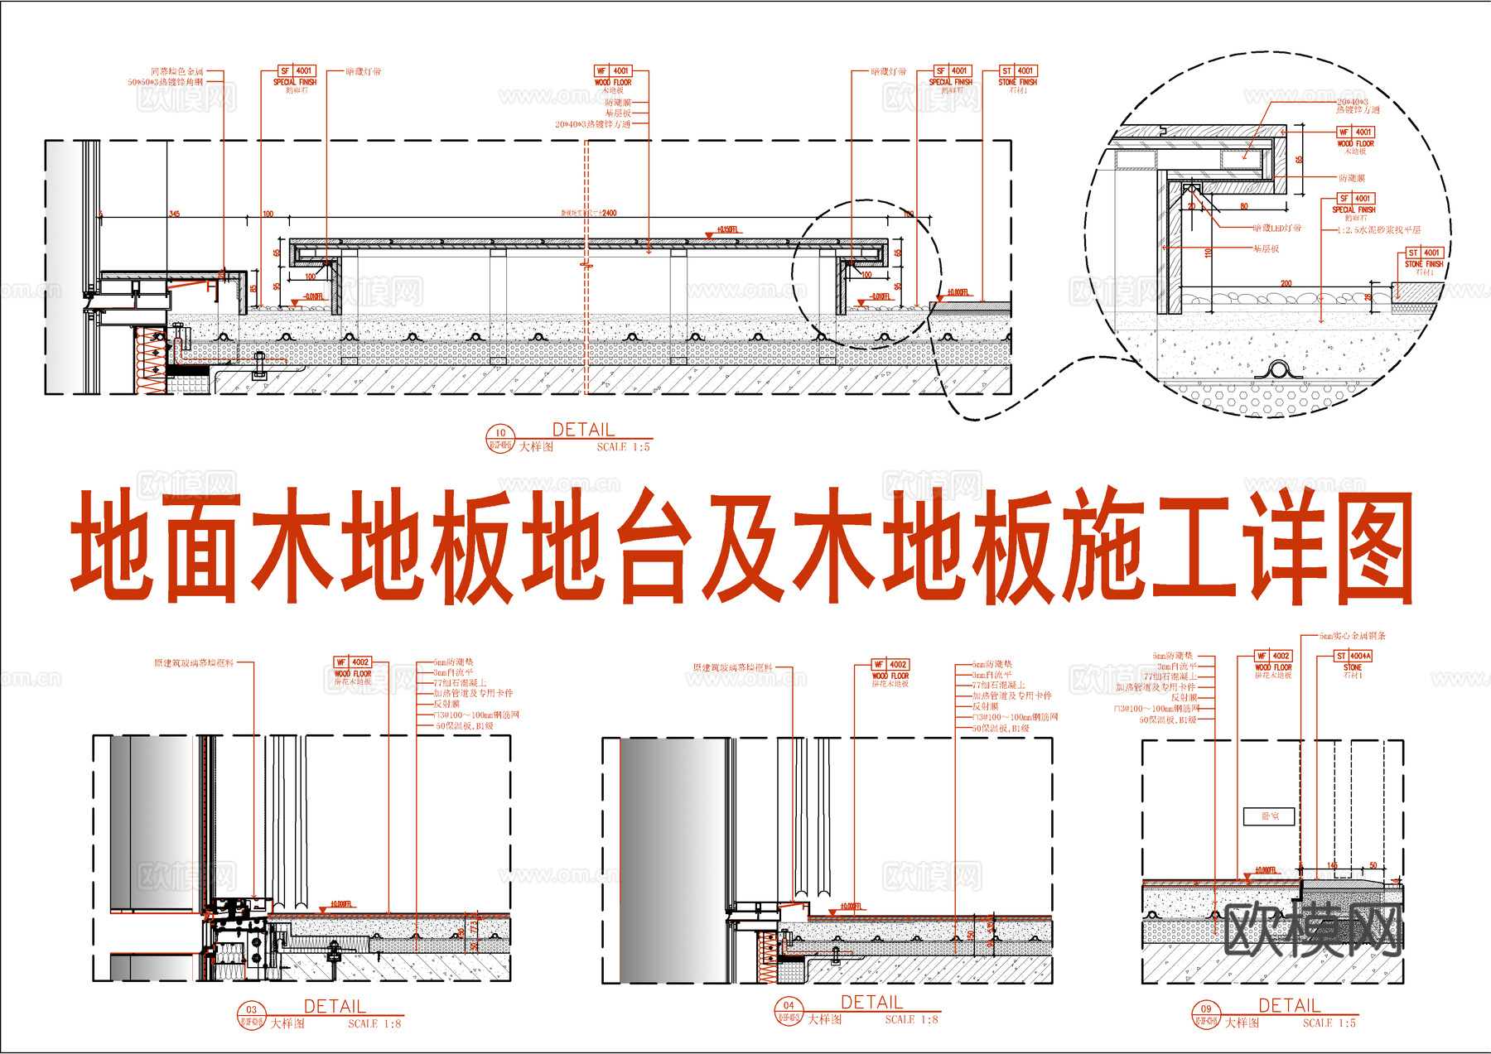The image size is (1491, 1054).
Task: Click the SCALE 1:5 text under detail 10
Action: click(623, 447)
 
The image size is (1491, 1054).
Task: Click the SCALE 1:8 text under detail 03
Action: click(374, 1024)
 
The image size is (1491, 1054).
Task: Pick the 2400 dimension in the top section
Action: click(608, 213)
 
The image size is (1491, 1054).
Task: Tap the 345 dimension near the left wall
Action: click(174, 214)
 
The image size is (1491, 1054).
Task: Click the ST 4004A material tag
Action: click(1353, 656)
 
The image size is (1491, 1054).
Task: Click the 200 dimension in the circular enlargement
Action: click(1286, 283)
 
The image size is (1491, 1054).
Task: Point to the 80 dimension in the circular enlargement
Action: click(1244, 206)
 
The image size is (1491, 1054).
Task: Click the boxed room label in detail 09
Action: click(1269, 816)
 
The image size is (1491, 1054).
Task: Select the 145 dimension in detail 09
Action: click(1332, 866)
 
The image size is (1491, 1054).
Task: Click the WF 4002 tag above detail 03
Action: click(352, 662)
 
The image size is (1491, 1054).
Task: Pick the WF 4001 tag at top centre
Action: click(613, 71)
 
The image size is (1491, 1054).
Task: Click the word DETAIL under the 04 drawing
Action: click(871, 1003)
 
